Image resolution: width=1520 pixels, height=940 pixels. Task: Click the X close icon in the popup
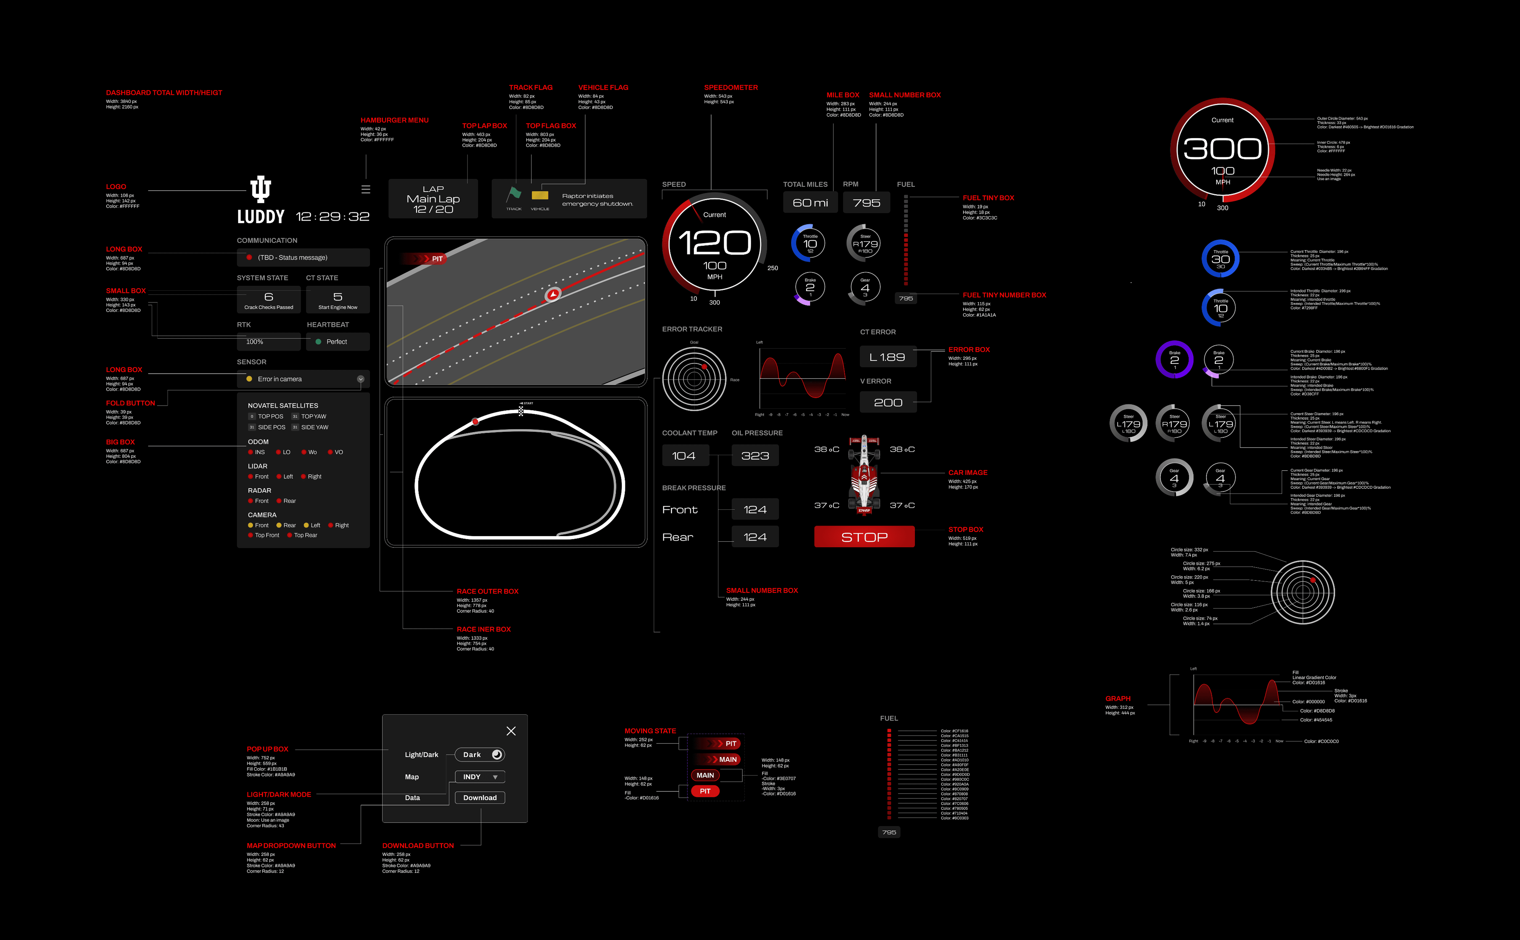coord(511,731)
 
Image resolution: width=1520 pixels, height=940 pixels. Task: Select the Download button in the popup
coord(480,798)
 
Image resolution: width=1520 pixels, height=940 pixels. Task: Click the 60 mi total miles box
coord(810,203)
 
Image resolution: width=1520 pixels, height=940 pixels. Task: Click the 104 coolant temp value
coord(684,456)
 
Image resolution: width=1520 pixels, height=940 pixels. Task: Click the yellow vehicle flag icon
coord(540,195)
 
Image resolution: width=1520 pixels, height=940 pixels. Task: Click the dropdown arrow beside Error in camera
coord(361,379)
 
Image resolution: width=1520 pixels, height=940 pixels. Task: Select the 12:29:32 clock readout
coord(332,216)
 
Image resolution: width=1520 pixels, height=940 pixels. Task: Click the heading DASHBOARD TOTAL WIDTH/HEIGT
coord(164,93)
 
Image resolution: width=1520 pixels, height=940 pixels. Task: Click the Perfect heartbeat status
coord(336,342)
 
